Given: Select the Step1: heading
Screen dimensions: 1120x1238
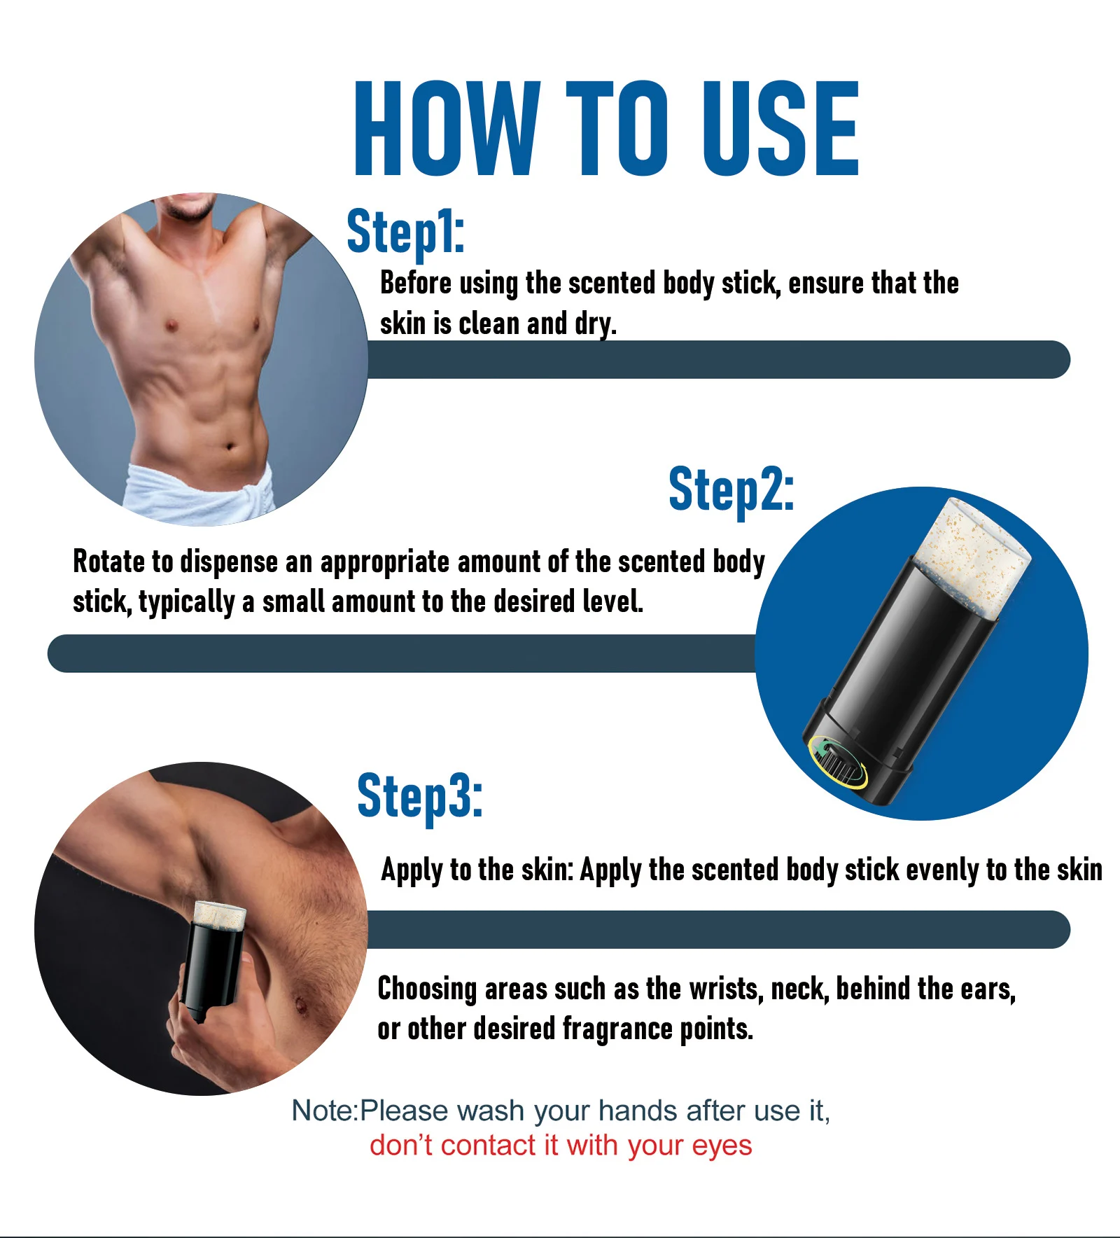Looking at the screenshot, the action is tap(405, 232).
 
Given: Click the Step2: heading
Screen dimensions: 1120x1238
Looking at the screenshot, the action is tap(731, 490).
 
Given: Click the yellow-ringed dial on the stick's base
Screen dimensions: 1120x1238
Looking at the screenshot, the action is tap(837, 762).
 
